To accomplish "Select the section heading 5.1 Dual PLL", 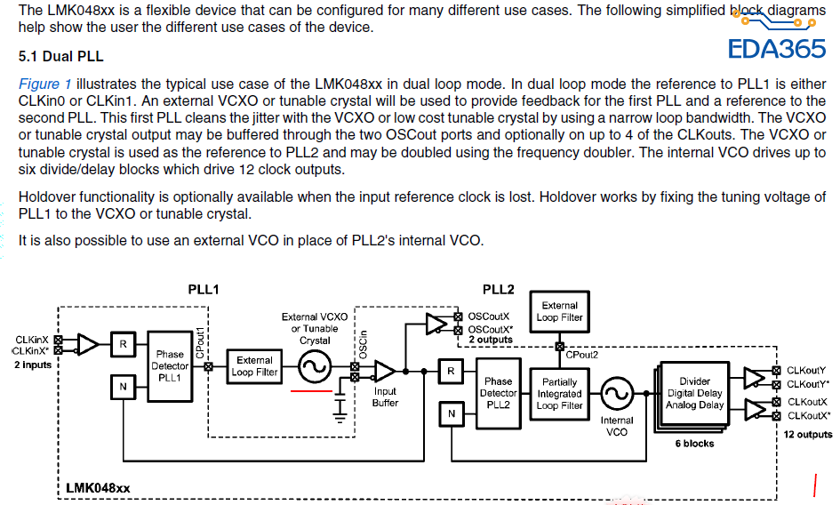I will [60, 56].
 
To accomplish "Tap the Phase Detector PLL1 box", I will [170, 366].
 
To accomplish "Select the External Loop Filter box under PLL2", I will [560, 311].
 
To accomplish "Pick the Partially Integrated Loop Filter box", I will [560, 394].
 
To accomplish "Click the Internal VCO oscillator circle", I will [617, 391].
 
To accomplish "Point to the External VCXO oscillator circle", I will [314, 365].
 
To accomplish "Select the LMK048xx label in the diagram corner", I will [98, 488].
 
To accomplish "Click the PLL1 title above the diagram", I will [204, 290].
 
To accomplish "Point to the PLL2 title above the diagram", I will [498, 290].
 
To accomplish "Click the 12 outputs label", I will [808, 434].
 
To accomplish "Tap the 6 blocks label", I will [694, 443].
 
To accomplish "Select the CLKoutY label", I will [806, 370].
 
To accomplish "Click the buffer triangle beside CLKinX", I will [89, 343].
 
